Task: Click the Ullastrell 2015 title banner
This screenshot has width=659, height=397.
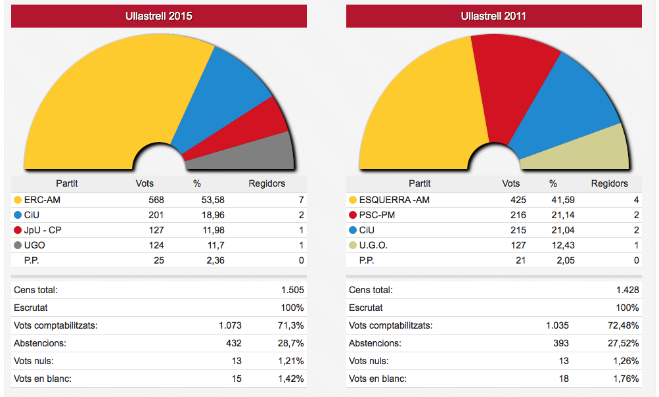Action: click(x=159, y=16)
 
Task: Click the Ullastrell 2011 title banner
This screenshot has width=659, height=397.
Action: click(x=493, y=16)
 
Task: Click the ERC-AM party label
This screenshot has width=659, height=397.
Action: click(x=42, y=200)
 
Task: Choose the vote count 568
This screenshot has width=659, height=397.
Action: click(x=156, y=200)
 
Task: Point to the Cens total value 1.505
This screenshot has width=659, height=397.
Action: click(x=292, y=290)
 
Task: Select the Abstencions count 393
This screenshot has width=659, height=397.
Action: click(x=560, y=343)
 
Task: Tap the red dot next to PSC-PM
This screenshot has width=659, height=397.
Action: click(x=353, y=215)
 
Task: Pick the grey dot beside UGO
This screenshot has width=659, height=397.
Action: click(x=18, y=245)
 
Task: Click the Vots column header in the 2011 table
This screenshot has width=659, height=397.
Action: click(x=511, y=183)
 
